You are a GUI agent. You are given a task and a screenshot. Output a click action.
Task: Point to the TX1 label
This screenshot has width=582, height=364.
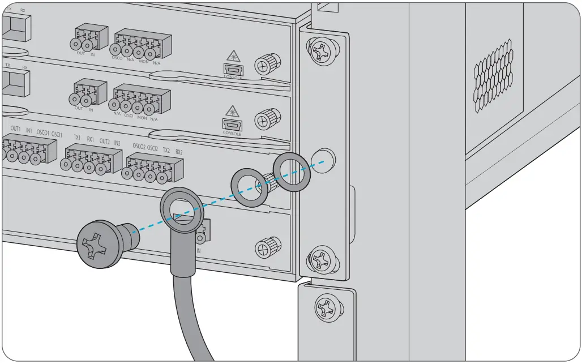[x=76, y=138]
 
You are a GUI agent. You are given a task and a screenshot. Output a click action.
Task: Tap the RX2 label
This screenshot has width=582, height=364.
[x=179, y=152]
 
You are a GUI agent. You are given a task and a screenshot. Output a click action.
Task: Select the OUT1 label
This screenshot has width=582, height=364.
[x=15, y=129]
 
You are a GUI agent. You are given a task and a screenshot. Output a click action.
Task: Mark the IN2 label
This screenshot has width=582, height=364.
[x=117, y=144]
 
